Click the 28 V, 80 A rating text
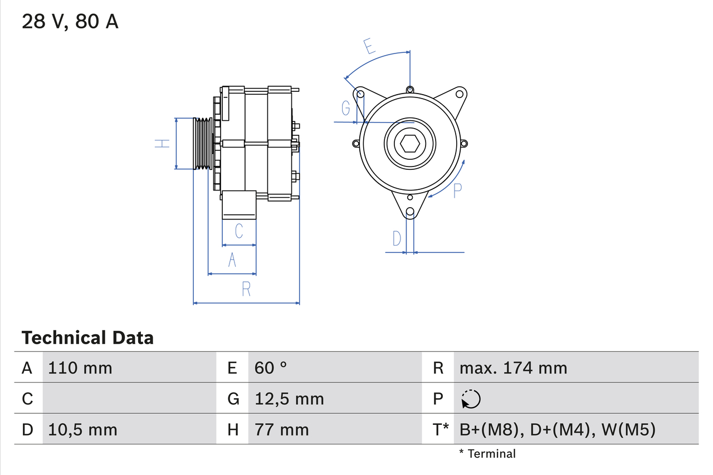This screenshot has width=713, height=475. pos(70,22)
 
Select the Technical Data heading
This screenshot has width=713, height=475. pos(87,338)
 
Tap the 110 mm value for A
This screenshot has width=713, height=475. pos(80,368)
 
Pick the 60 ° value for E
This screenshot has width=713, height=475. pos(271,368)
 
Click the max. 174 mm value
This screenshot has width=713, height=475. pos(513,368)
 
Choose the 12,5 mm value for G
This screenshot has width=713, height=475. pos(289,399)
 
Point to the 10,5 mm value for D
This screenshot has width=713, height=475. pos(82,429)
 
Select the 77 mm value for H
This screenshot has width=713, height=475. pos(281,429)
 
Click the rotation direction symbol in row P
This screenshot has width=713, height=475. pos(471,399)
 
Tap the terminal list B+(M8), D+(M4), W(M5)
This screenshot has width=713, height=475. pos(557,429)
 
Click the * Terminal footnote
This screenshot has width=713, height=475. pos(487,454)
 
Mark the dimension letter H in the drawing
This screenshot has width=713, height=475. pos(162,144)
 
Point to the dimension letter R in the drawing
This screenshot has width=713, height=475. pos(246,289)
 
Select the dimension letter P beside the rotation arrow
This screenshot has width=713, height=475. pos(457,190)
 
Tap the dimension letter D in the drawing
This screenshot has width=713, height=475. pos(397,238)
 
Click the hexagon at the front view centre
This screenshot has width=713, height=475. pos(409,144)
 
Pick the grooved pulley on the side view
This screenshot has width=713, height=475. pos(203,144)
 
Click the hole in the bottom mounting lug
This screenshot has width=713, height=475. pos(410,212)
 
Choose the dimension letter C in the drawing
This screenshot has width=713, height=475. pos(238,231)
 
